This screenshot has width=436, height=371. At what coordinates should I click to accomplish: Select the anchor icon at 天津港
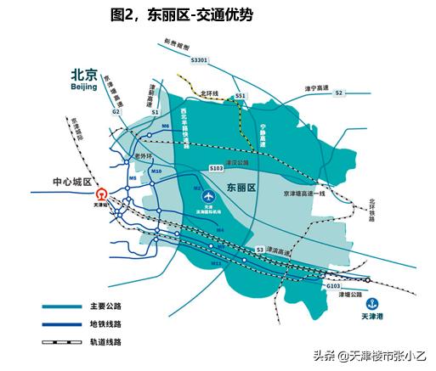click(370, 303)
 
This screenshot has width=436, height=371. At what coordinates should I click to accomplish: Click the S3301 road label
click(200, 60)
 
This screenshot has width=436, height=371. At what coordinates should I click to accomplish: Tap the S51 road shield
click(241, 96)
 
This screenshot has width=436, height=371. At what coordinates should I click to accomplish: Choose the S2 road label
click(338, 92)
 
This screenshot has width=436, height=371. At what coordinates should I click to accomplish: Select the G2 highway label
click(116, 111)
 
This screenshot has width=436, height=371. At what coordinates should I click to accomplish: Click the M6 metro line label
click(166, 126)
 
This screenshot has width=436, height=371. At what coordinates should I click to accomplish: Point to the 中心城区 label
click(65, 181)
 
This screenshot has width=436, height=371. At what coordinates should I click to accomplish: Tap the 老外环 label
click(143, 155)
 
